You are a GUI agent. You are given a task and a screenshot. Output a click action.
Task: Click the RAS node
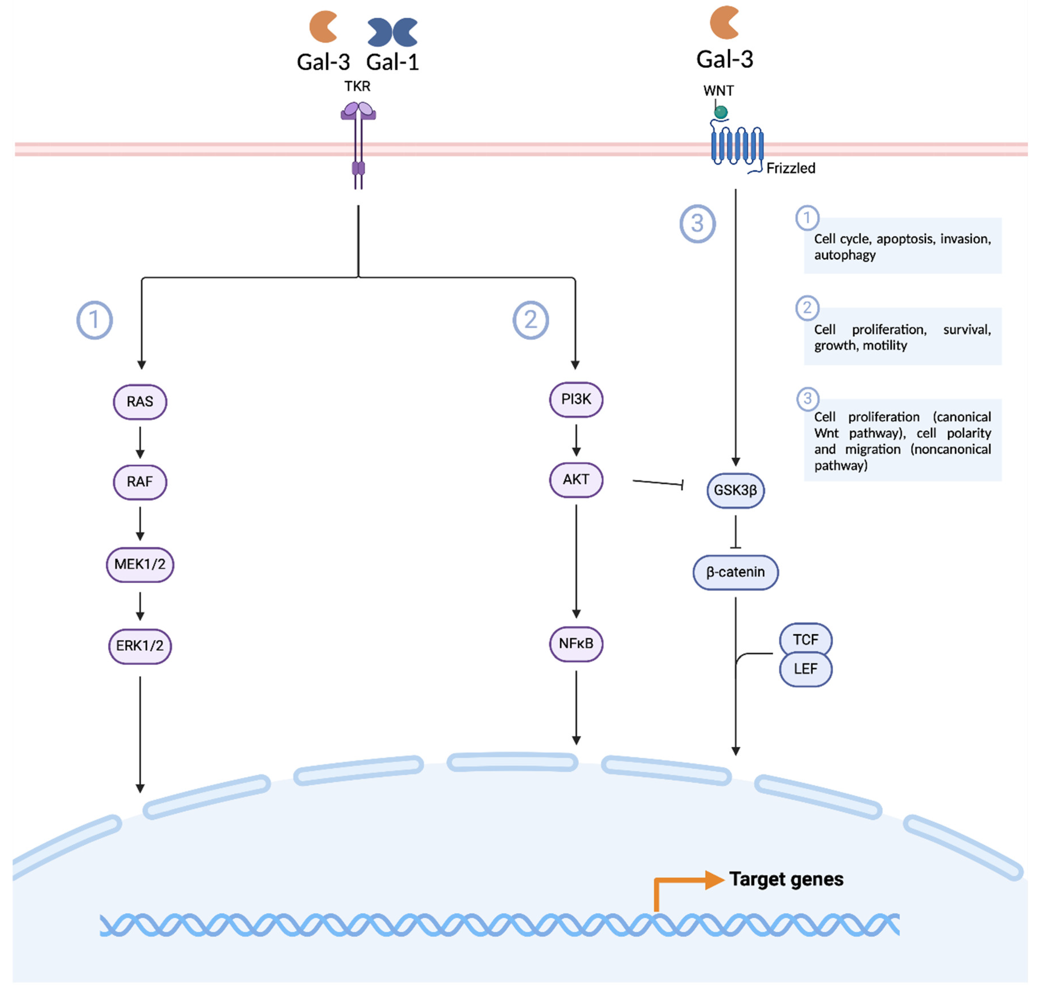pyautogui.click(x=140, y=402)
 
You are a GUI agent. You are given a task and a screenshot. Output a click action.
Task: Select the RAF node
pyautogui.click(x=140, y=482)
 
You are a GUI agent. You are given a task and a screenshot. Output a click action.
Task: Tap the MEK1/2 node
pyautogui.click(x=140, y=564)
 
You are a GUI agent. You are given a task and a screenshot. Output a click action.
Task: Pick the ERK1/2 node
pyautogui.click(x=140, y=646)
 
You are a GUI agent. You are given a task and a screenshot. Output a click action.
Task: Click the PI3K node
pyautogui.click(x=576, y=399)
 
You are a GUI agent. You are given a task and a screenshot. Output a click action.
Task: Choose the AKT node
pyautogui.click(x=576, y=480)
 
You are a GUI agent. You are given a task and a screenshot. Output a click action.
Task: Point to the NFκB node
pyautogui.click(x=576, y=643)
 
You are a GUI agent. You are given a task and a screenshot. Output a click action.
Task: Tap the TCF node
pyautogui.click(x=805, y=640)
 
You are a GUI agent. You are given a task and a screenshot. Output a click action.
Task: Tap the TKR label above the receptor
pyautogui.click(x=357, y=86)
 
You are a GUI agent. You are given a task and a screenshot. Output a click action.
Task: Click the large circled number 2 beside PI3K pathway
pyautogui.click(x=530, y=320)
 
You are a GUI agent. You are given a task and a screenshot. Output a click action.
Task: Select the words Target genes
pyautogui.click(x=786, y=879)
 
